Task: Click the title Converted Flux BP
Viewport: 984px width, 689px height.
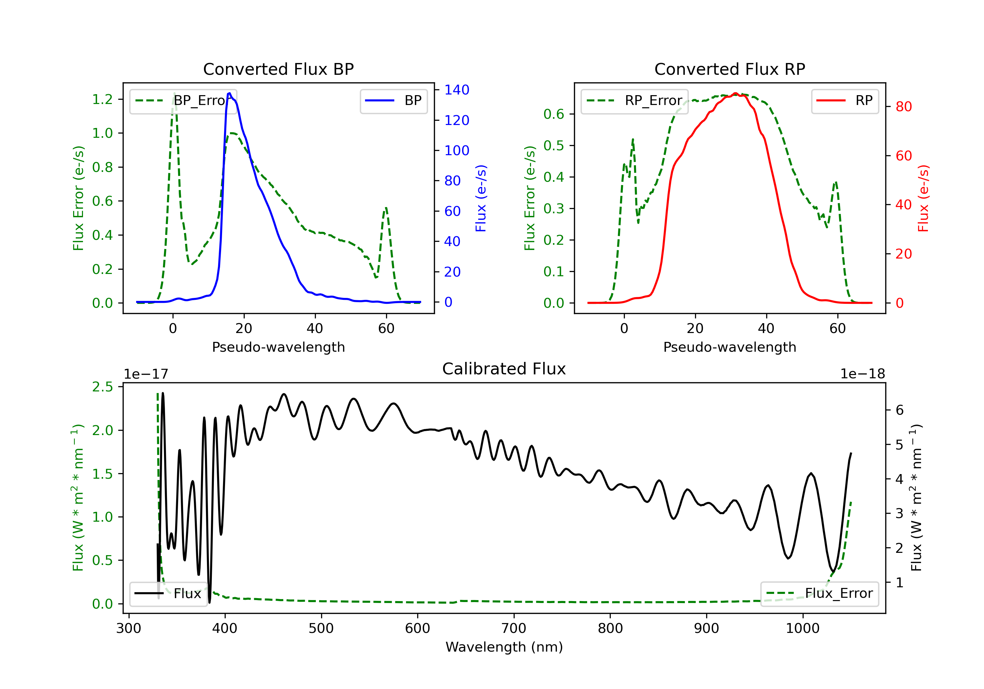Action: pyautogui.click(x=278, y=69)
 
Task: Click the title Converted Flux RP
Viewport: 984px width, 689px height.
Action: pyautogui.click(x=729, y=69)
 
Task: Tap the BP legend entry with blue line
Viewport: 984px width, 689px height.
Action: pyautogui.click(x=393, y=101)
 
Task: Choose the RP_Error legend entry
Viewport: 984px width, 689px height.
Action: pyautogui.click(x=634, y=101)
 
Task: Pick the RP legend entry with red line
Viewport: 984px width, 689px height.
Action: pyautogui.click(x=844, y=101)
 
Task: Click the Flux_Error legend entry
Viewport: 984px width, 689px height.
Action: pyautogui.click(x=819, y=594)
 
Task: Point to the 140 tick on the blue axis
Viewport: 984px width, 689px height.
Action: pyautogui.click(x=457, y=90)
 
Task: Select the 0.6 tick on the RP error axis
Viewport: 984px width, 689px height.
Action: pyautogui.click(x=554, y=114)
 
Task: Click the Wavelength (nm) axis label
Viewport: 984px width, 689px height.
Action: pyautogui.click(x=504, y=647)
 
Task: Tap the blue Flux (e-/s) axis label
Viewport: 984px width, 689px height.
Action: pyautogui.click(x=481, y=198)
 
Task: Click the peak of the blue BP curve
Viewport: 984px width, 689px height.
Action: pyautogui.click(x=229, y=93)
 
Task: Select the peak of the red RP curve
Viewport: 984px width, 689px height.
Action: pyautogui.click(x=735, y=93)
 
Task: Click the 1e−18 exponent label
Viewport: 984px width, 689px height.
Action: pyautogui.click(x=862, y=374)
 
